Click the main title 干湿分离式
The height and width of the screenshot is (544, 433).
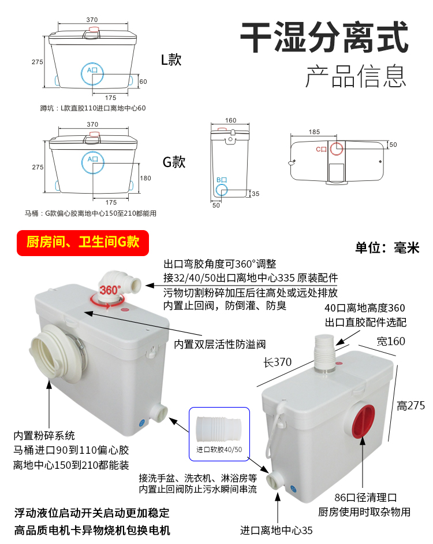click(x=324, y=37)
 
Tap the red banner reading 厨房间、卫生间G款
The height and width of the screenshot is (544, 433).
click(x=83, y=243)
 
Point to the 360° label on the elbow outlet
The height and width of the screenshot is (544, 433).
click(x=110, y=290)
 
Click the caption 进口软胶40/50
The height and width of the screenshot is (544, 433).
click(x=219, y=450)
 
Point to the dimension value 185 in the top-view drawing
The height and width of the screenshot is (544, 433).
click(x=314, y=132)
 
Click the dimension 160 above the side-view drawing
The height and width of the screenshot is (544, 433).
click(x=231, y=120)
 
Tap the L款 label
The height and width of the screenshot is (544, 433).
click(x=171, y=60)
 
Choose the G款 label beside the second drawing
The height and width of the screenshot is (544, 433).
click(x=174, y=162)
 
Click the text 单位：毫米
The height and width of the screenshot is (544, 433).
click(x=387, y=247)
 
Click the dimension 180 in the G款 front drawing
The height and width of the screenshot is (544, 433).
click(x=145, y=178)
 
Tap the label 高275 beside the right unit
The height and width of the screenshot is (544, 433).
click(x=411, y=406)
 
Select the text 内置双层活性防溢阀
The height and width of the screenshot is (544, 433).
click(x=219, y=344)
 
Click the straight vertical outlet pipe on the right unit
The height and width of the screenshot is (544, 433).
click(x=325, y=354)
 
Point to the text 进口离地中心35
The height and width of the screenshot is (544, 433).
click(x=277, y=531)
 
